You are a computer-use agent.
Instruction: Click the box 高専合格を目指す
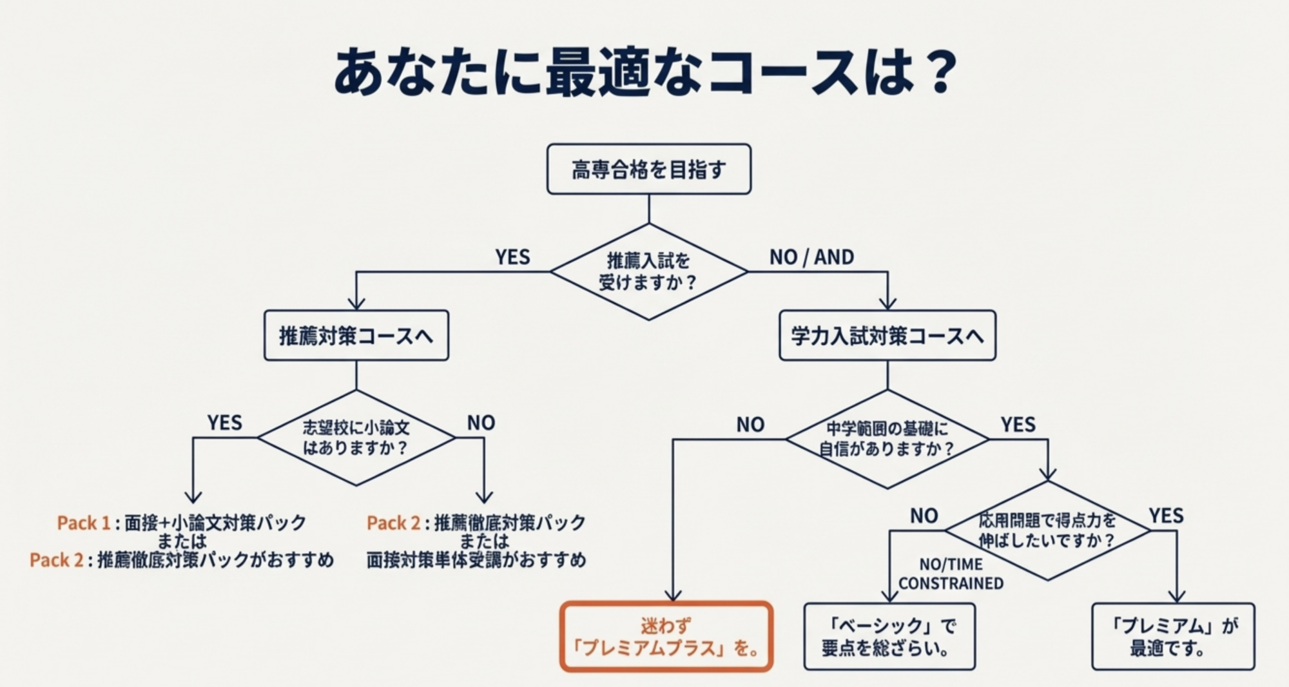coord(648,169)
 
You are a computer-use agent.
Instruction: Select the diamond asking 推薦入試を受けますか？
coord(648,271)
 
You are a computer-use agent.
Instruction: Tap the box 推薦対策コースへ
coord(356,336)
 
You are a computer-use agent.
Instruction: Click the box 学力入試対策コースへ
coord(887,336)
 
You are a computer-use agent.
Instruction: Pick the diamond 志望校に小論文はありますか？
coord(356,438)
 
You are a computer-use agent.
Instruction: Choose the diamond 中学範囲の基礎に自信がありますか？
coord(887,439)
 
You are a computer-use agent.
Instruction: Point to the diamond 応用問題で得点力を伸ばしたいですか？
coord(1047,530)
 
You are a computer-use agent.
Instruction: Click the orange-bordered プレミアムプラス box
coord(666,637)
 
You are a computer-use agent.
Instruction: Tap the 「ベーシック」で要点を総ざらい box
coord(889,637)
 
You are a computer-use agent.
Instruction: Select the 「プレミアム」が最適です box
coord(1173,637)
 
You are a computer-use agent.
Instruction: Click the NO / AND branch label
coord(811,257)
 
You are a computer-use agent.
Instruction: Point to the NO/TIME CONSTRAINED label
coord(951,574)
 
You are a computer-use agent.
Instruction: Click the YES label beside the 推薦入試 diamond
coord(512,257)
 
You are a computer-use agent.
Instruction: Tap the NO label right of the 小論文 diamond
coord(481,423)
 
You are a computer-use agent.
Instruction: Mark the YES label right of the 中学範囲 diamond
coord(1018,425)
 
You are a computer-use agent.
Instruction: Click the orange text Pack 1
coord(83,523)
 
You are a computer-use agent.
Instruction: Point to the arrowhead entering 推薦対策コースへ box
coord(356,304)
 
